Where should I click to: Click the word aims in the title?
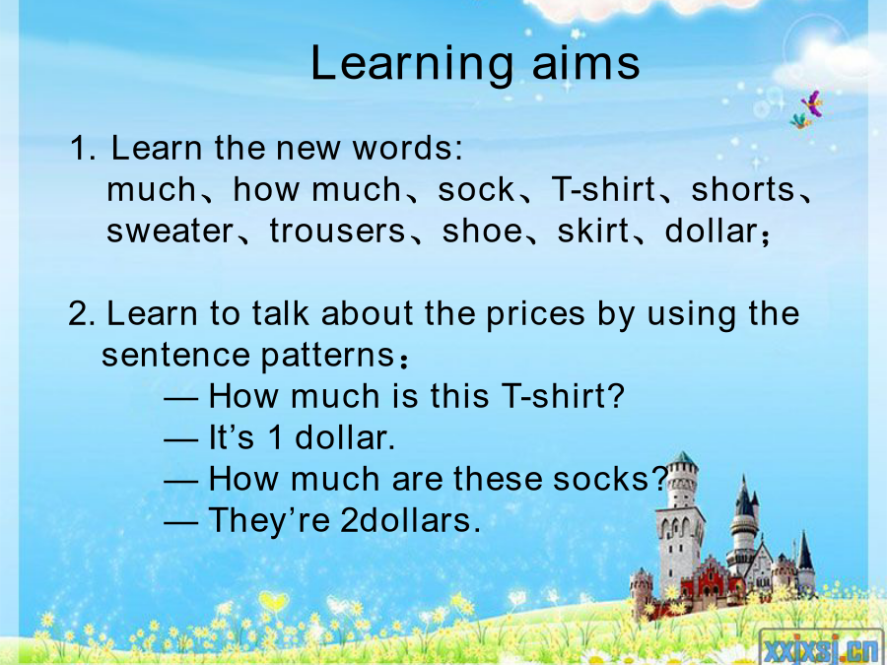[x=585, y=62]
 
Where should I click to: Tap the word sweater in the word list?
[x=170, y=232]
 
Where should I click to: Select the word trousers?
[x=337, y=232]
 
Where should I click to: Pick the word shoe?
[x=482, y=231]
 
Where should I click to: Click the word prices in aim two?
[x=534, y=315]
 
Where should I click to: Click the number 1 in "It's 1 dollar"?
[x=275, y=437]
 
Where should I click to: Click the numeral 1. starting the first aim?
[x=82, y=148]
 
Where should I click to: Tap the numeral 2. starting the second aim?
[x=82, y=314]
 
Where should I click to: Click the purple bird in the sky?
[x=813, y=102]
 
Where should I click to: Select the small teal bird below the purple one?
[x=800, y=121]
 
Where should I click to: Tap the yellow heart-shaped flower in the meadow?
[x=273, y=601]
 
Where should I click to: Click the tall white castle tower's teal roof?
[x=683, y=458]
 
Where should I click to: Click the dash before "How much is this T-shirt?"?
[x=181, y=398]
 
